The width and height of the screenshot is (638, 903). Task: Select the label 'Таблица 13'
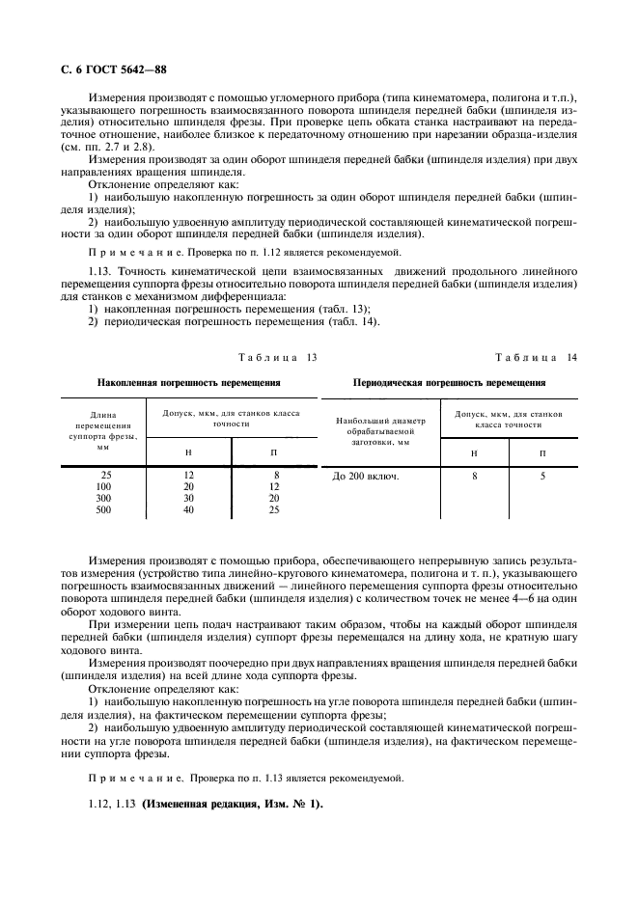click(x=278, y=358)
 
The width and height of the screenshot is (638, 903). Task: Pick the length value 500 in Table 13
click(x=104, y=510)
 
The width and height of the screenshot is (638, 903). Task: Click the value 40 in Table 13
click(x=189, y=510)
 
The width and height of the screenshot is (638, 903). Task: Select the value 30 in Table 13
click(x=189, y=499)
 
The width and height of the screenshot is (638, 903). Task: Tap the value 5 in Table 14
click(x=542, y=476)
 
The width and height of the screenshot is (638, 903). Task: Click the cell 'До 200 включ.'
click(x=366, y=476)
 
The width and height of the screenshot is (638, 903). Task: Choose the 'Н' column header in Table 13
click(x=189, y=451)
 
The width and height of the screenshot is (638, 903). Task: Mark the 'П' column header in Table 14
click(x=542, y=452)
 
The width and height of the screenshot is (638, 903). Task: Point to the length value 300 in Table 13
click(x=104, y=499)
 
